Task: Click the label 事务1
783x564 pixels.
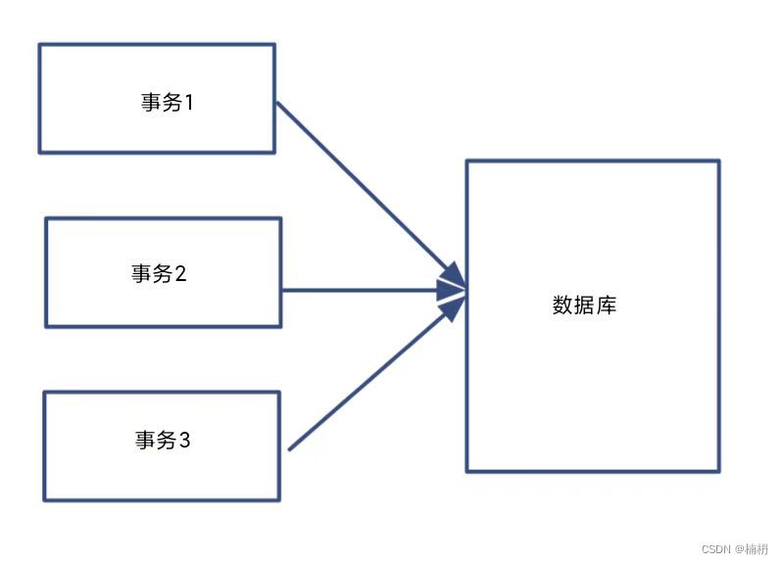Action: click(x=168, y=102)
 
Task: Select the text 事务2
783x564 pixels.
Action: click(x=159, y=274)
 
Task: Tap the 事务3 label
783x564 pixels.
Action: click(x=163, y=441)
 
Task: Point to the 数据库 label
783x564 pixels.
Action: click(x=585, y=305)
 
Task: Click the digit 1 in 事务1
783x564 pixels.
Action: click(x=189, y=102)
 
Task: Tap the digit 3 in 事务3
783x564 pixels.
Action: click(x=184, y=441)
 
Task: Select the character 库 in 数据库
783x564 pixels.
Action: click(x=607, y=305)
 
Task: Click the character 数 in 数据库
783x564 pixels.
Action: click(x=563, y=305)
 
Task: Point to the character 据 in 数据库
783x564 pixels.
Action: click(x=585, y=305)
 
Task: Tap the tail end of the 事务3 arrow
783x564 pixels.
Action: click(x=291, y=448)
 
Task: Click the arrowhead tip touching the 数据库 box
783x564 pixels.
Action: click(x=465, y=289)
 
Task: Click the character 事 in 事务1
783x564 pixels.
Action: click(x=150, y=102)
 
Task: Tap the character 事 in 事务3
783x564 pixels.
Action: click(x=145, y=441)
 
